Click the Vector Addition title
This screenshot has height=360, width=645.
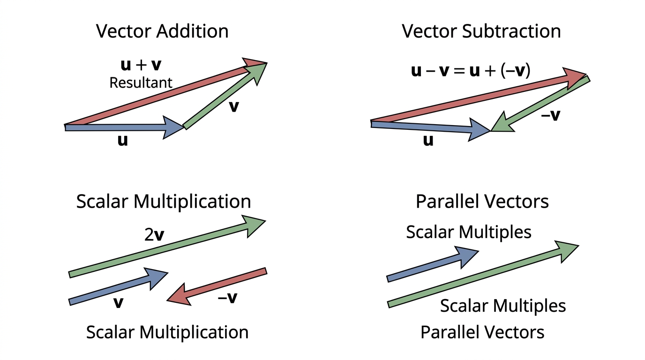pyautogui.click(x=162, y=31)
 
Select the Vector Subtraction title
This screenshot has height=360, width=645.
pyautogui.click(x=481, y=31)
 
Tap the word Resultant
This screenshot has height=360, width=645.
pyautogui.click(x=141, y=83)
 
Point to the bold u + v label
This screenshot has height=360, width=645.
pyautogui.click(x=141, y=65)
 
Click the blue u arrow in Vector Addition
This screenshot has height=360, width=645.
pyautogui.click(x=124, y=127)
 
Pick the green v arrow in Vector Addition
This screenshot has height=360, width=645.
pyautogui.click(x=225, y=96)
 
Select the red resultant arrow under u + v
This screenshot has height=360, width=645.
pyautogui.click(x=165, y=94)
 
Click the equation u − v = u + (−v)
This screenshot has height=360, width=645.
pyautogui.click(x=471, y=70)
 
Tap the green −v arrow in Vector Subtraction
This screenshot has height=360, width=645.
pyautogui.click(x=540, y=104)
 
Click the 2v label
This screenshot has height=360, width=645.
pyautogui.click(x=154, y=235)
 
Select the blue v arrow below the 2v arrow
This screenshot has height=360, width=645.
pyautogui.click(x=118, y=286)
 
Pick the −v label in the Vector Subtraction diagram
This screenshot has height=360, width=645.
pyautogui.click(x=551, y=115)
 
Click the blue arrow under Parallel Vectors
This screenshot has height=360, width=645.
pyautogui.click(x=433, y=263)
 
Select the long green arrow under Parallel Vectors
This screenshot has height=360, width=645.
pyautogui.click(x=483, y=274)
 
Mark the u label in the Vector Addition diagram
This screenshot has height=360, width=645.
pyautogui.click(x=123, y=140)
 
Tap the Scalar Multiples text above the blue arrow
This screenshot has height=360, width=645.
pyautogui.click(x=468, y=232)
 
